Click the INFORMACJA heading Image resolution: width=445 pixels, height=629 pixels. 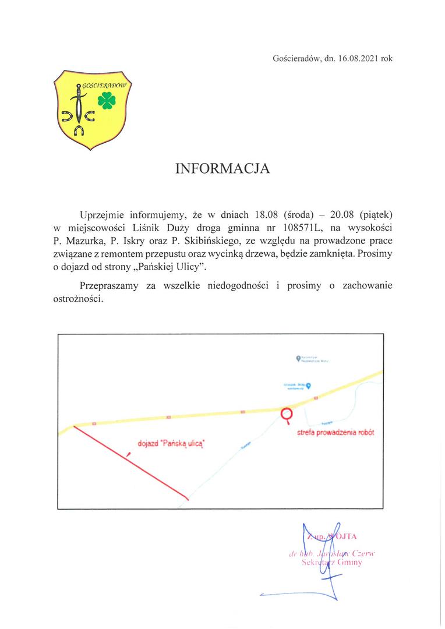[x=223, y=168]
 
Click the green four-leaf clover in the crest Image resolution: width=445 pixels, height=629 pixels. [x=107, y=101]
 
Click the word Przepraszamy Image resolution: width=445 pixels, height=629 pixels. [x=111, y=286]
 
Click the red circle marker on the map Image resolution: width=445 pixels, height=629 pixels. [x=287, y=414]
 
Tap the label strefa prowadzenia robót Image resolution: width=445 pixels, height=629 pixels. [x=335, y=433]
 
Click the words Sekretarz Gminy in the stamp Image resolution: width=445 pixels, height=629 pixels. [x=333, y=563]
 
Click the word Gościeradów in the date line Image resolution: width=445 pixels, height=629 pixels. [x=295, y=58]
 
